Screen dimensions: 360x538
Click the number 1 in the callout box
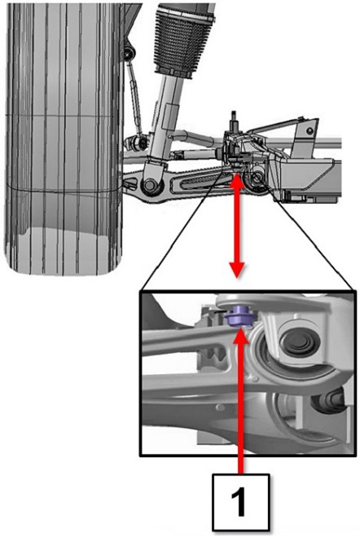[240, 503]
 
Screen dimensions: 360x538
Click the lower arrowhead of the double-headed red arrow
[237, 270]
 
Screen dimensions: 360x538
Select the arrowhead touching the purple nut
[241, 335]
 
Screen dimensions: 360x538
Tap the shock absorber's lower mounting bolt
[150, 184]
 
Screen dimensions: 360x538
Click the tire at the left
[64, 137]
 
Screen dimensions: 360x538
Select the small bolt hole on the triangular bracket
[310, 130]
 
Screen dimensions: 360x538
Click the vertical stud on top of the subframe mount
[235, 121]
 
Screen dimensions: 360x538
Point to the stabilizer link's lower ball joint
[138, 142]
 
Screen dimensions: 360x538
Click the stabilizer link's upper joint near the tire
[130, 52]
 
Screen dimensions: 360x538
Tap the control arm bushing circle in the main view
[256, 178]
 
